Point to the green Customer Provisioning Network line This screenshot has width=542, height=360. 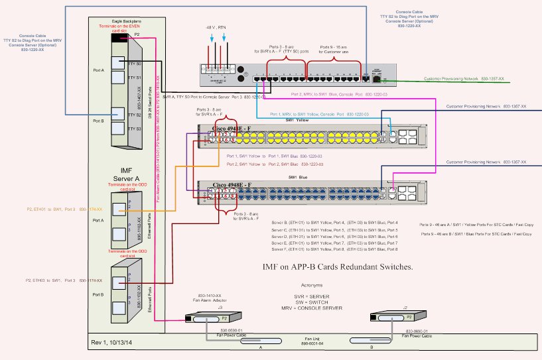pyautogui.click(x=464, y=82)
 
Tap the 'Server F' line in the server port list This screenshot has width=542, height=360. pyautogui.click(x=334, y=249)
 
